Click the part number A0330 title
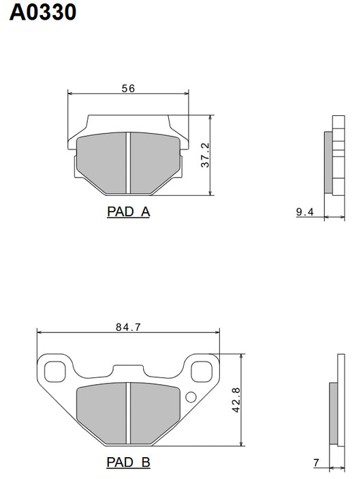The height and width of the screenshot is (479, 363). pos(42,13)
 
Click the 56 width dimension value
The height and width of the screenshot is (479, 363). pos(128,89)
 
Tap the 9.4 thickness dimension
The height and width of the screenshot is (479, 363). pos(304,212)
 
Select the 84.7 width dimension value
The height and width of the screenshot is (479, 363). pos(128,328)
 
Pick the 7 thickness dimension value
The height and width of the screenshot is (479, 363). pos(316,463)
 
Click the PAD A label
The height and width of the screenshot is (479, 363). pos(128,212)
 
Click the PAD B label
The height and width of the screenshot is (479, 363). pos(128,462)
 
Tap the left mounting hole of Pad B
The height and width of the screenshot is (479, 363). pos(54,372)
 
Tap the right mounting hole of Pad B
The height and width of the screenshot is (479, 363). pos(202,372)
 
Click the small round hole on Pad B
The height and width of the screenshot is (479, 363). pos(190,398)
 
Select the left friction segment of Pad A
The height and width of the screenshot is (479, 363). pos(103,162)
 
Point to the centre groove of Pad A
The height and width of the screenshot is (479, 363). pos(127,162)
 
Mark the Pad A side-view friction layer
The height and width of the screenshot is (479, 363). pos(328,162)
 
